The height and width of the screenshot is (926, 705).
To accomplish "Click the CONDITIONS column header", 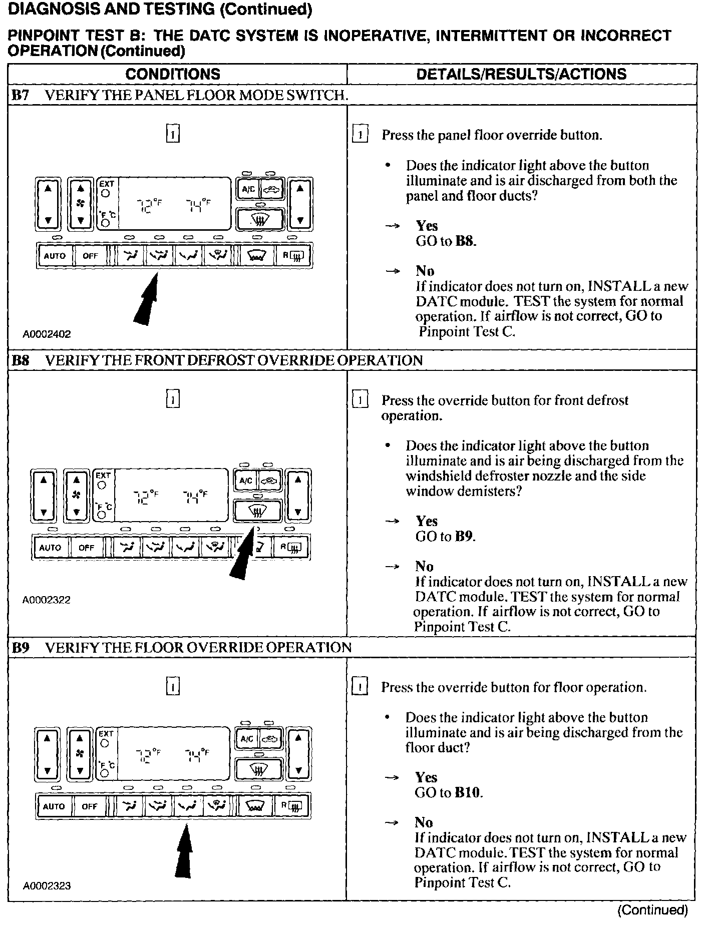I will point(173,74).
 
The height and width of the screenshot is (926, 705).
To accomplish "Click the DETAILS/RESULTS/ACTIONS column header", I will point(521,74).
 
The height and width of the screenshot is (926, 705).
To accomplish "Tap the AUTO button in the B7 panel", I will point(55,256).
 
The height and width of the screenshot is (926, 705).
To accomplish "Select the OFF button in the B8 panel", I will point(86,547).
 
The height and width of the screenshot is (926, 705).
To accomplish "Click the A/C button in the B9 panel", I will point(247,739).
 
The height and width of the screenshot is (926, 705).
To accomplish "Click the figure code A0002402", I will point(47,334).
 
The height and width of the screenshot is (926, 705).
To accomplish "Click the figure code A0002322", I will point(47,600).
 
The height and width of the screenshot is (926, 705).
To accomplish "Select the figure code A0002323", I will point(47,886).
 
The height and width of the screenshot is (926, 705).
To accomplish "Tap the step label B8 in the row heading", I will point(20,360).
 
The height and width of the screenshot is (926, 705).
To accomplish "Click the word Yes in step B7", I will point(427,226).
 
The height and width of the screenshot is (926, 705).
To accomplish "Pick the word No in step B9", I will point(424,822).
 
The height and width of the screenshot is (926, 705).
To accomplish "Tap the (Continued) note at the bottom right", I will point(652,910).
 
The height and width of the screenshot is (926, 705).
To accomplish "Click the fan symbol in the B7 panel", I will point(80,203).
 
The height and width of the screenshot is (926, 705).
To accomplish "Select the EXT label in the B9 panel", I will point(106,734).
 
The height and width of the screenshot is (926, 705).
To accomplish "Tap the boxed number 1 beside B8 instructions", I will point(360,400).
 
